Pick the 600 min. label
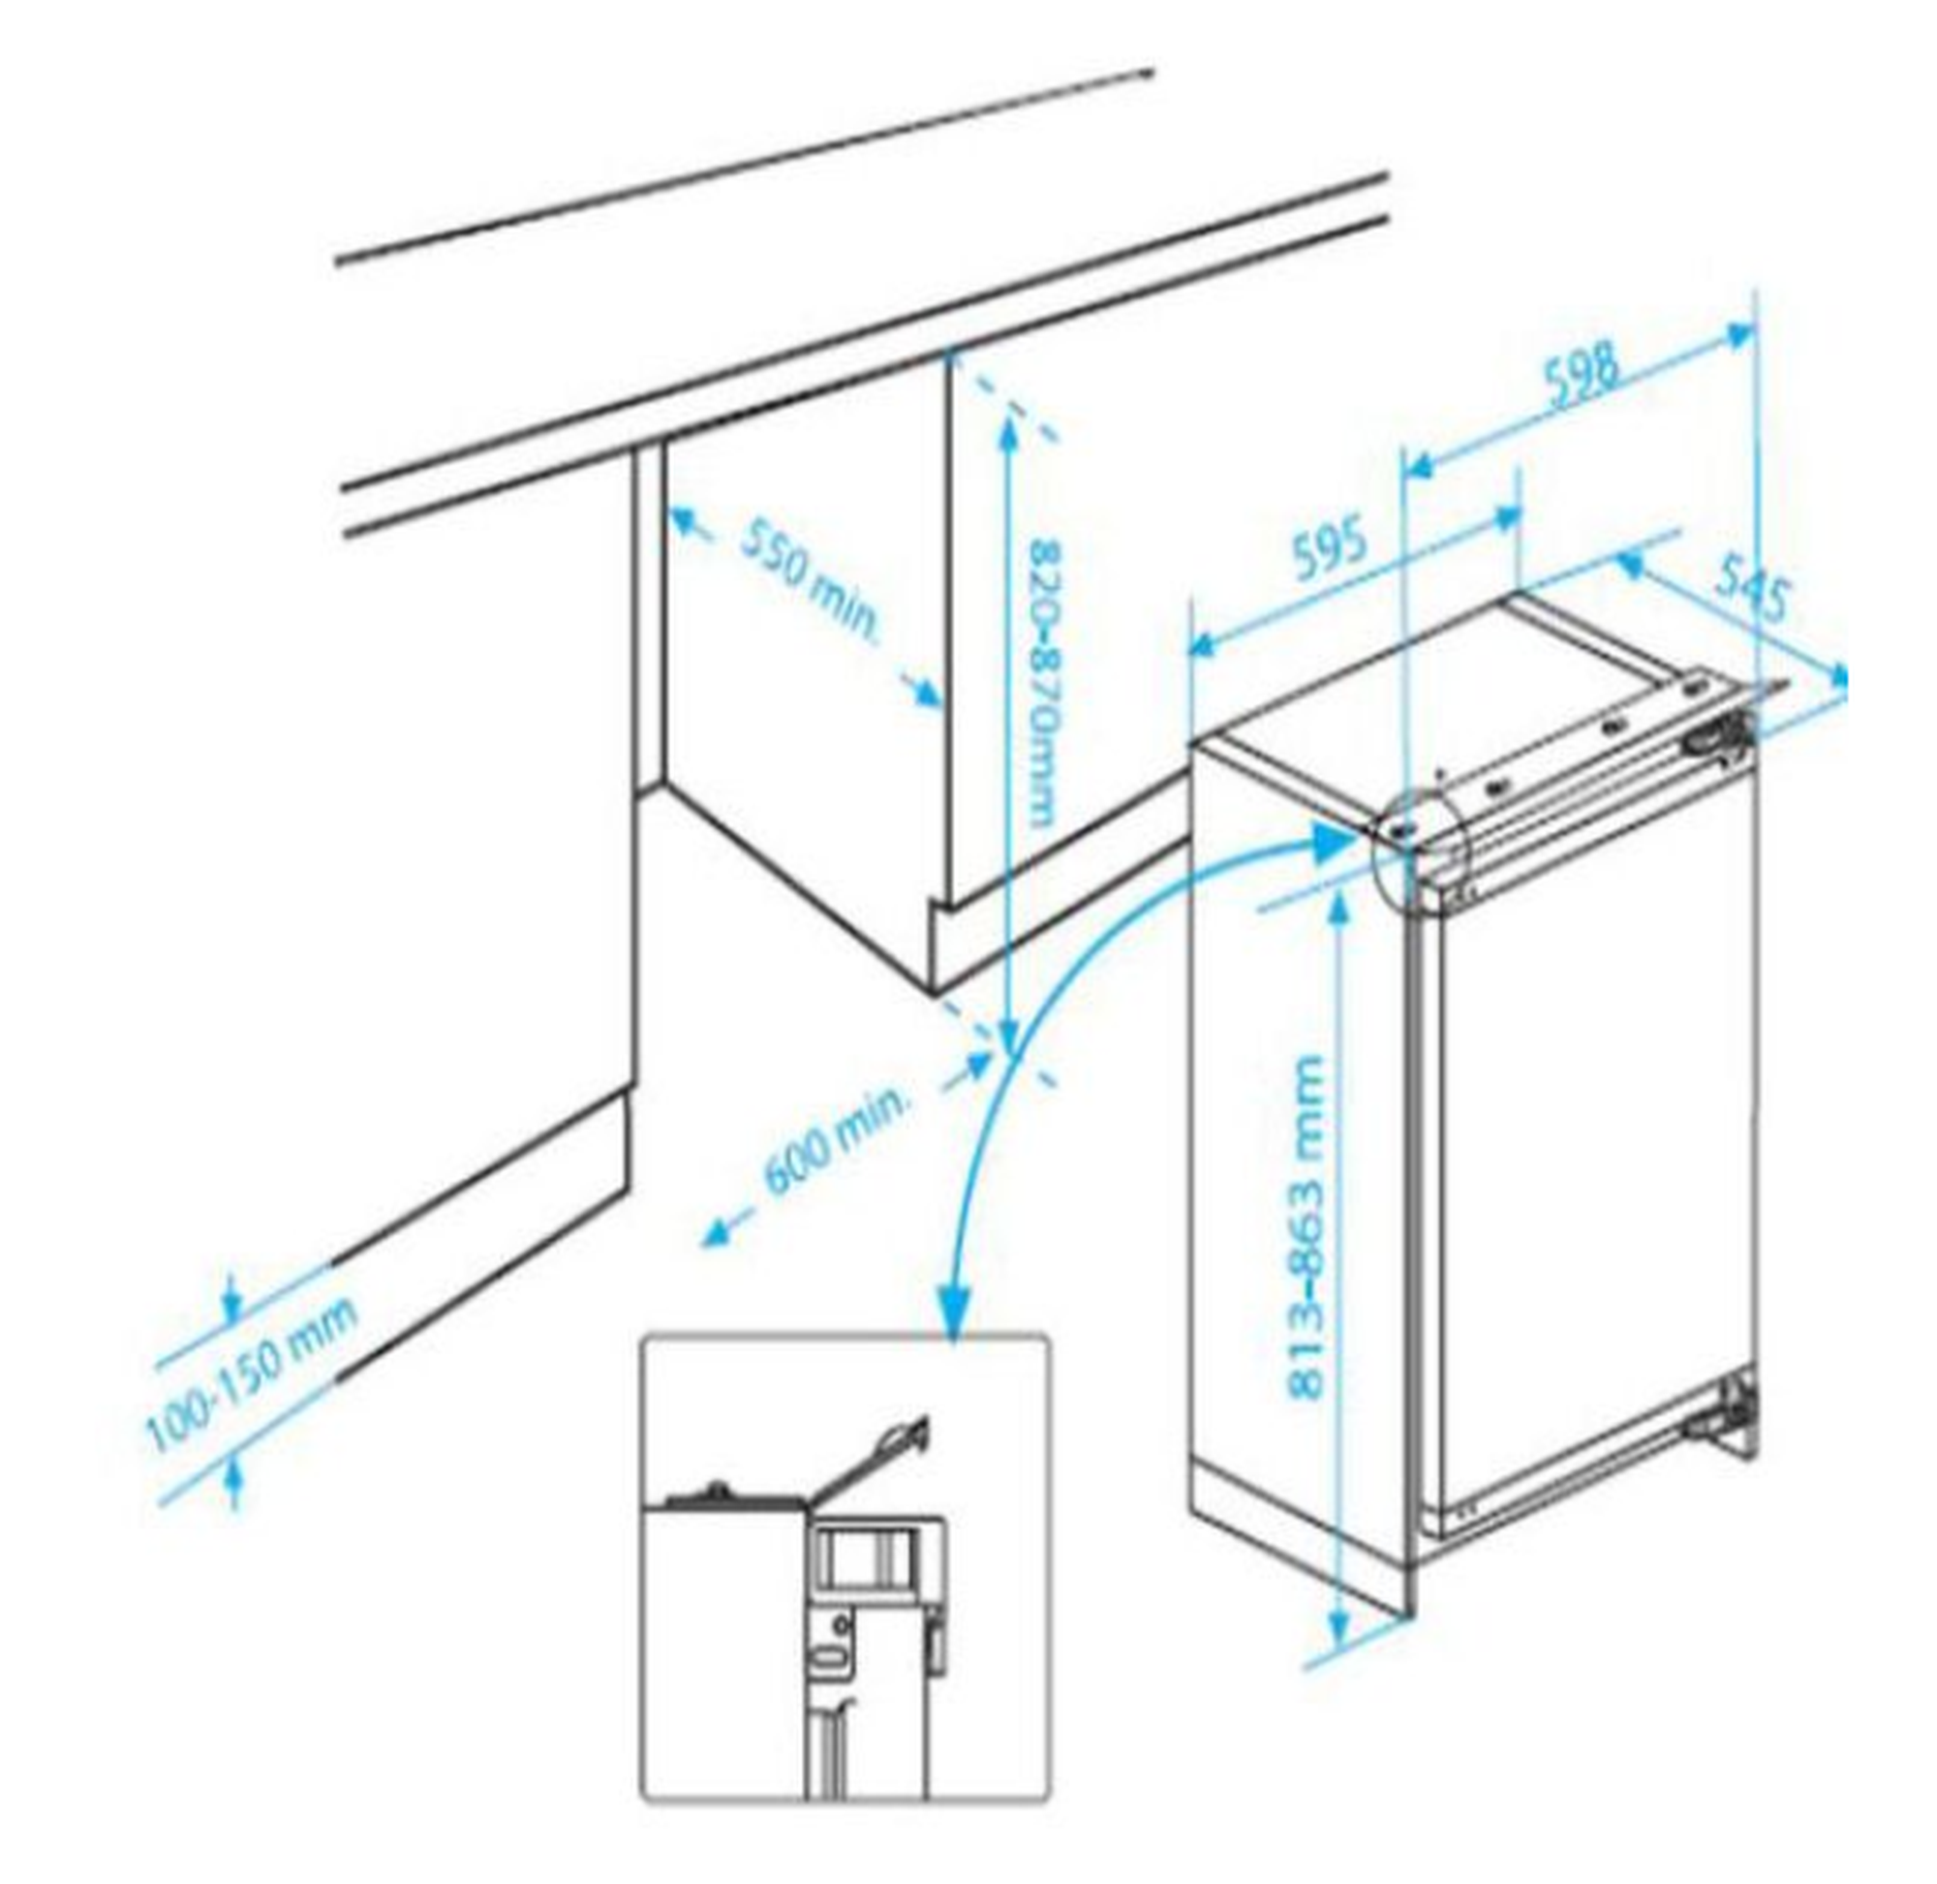click(836, 1141)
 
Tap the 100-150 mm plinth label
click(251, 1375)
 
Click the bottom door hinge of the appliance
click(1725, 1414)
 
